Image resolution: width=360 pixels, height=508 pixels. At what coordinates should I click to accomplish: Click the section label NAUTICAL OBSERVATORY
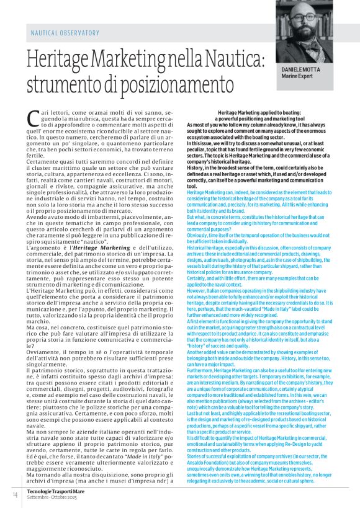(x=64, y=32)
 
